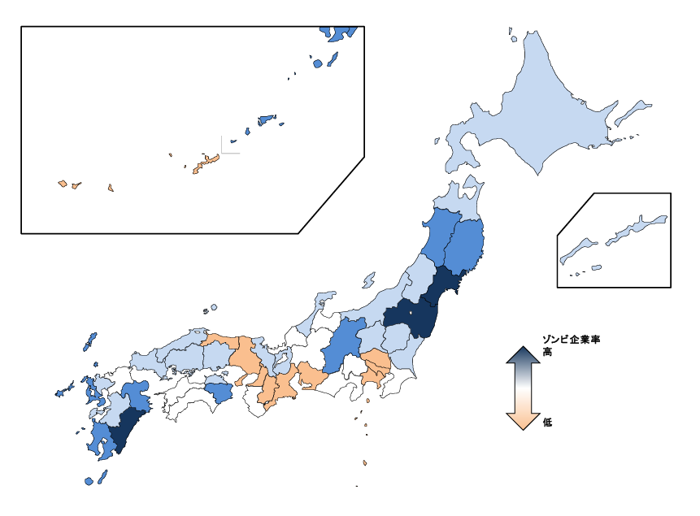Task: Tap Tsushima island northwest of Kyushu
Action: pyautogui.click(x=89, y=340)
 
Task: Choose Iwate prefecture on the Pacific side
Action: pyautogui.click(x=466, y=244)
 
